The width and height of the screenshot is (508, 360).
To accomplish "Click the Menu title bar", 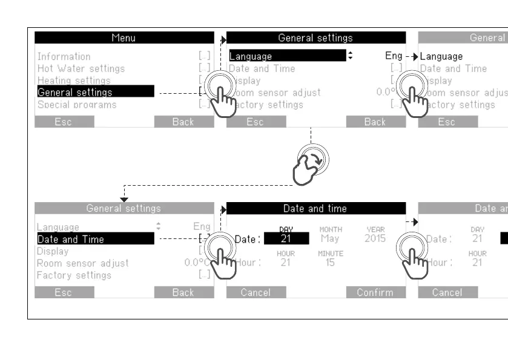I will (x=124, y=38).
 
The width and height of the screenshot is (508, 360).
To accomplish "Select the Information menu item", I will (x=64, y=56).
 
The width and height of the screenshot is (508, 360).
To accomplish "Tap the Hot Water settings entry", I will (x=81, y=68).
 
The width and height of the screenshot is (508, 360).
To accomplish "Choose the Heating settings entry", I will (x=74, y=80).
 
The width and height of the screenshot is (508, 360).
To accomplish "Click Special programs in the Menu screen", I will (x=77, y=105).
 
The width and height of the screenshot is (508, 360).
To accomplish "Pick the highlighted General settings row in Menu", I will (x=94, y=93).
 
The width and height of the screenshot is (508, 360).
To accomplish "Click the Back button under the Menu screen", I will (x=183, y=122).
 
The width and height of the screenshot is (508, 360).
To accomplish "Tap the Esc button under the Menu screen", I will (x=64, y=122).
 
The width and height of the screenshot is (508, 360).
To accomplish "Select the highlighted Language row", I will (x=287, y=56).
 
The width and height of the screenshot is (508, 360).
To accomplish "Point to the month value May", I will (x=330, y=239).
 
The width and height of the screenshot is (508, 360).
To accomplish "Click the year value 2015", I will (x=375, y=239).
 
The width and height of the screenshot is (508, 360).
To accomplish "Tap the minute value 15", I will (x=330, y=263).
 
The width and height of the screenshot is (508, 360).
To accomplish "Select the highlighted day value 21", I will (x=286, y=239).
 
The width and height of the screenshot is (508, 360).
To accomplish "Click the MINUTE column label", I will (x=331, y=254).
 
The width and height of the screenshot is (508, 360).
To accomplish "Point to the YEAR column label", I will (x=375, y=230).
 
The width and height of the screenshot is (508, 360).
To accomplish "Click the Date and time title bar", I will (x=315, y=209).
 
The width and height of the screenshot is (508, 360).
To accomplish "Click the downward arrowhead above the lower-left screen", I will (x=124, y=199).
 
